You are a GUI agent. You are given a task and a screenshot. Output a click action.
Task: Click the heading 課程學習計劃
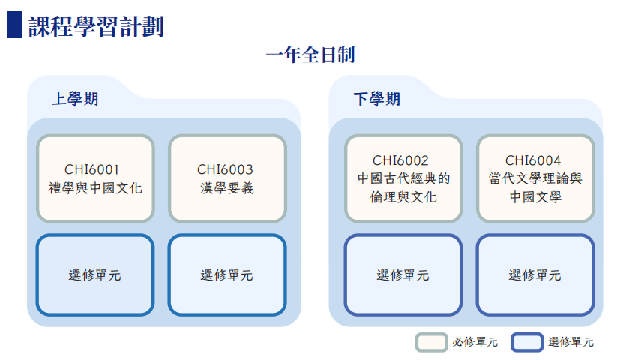tap(96, 27)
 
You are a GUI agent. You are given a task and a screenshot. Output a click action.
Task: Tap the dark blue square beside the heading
tap(14, 25)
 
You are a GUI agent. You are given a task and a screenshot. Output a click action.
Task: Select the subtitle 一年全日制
tap(310, 55)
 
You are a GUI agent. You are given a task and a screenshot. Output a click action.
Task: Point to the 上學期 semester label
tap(75, 99)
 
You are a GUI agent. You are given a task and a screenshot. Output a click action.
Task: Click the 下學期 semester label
tap(376, 99)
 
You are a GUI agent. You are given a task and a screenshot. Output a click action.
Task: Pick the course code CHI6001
tap(91, 169)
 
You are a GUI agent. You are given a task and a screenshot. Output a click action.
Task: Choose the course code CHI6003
tap(225, 169)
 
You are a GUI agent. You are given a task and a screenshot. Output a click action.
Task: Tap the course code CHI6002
tap(400, 160)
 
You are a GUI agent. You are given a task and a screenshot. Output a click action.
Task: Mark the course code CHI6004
tap(533, 160)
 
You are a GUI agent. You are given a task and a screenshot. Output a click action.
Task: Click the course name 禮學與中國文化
tap(95, 188)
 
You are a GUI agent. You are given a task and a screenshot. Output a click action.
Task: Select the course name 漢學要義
tap(226, 188)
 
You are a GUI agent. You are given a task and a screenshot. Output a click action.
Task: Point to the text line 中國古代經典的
tap(403, 178)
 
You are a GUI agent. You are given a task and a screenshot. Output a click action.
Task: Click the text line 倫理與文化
tap(403, 197)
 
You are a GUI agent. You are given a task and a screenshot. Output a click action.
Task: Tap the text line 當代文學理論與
tap(535, 178)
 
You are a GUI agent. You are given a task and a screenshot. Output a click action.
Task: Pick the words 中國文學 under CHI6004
tap(535, 197)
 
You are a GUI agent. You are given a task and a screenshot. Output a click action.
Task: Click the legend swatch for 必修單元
tap(431, 342)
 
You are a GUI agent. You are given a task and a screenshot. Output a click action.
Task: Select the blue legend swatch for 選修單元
tap(527, 342)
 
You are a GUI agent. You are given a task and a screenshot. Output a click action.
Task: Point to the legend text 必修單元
tap(475, 342)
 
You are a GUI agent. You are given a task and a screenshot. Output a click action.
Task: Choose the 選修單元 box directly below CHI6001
tap(95, 275)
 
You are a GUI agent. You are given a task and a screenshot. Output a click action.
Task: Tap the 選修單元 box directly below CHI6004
tap(535, 275)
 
